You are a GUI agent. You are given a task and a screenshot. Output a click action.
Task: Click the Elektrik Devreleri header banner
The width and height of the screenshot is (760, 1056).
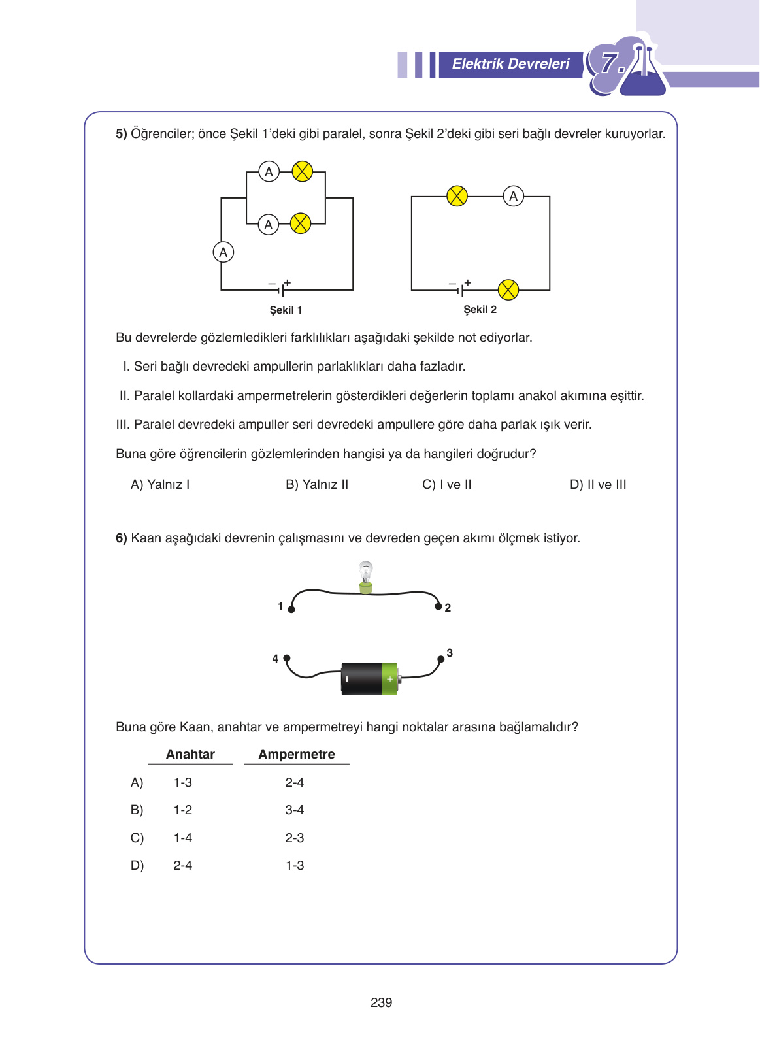coord(510,64)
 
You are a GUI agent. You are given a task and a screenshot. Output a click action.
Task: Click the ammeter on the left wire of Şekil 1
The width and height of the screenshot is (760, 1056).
coord(223,252)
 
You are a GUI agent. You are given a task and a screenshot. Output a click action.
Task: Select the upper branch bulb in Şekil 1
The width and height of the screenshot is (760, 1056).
coord(302,172)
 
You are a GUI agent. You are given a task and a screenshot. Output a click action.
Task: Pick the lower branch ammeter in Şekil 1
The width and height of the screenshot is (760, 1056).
coord(268,225)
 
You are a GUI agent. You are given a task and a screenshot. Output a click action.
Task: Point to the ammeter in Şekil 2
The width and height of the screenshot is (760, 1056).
coord(514,196)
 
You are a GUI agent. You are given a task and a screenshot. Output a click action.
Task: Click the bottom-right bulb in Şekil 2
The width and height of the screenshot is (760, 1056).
coord(508,289)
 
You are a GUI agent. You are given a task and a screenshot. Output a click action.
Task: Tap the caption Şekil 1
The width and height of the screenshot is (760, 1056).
coord(286,310)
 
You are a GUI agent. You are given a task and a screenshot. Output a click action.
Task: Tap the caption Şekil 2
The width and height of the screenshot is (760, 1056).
coord(480,310)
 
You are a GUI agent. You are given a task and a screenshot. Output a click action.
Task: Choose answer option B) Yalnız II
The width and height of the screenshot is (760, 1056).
coord(317,485)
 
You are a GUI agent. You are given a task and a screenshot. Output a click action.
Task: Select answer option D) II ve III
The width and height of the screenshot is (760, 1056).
coord(598,485)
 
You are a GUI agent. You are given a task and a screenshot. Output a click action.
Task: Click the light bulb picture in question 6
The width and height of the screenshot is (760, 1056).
coord(366,576)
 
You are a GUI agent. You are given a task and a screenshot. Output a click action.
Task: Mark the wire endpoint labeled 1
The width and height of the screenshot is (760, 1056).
coord(291,609)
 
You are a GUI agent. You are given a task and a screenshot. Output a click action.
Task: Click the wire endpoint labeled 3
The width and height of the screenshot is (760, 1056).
coord(441,659)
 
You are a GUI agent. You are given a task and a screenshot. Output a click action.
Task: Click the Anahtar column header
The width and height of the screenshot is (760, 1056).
coord(190,755)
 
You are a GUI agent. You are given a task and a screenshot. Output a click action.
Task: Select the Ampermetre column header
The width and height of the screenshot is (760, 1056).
coord(297,755)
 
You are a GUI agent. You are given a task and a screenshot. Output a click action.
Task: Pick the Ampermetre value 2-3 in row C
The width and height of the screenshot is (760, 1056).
coord(295,838)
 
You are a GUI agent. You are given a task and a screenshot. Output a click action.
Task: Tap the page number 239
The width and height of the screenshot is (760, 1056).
coord(381,1003)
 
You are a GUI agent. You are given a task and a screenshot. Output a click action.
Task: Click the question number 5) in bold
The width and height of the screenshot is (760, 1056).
coord(122,134)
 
